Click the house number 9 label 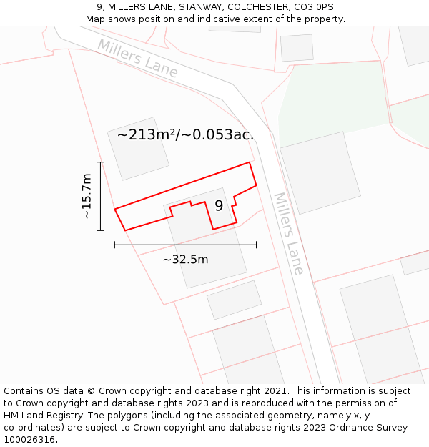tap(219, 206)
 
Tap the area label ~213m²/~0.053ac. tap(185, 134)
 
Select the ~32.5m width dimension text tap(185, 259)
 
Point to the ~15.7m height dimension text tap(87, 196)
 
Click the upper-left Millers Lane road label tap(138, 58)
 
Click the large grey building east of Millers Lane tap(319, 172)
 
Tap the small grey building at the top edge tap(296, 47)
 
